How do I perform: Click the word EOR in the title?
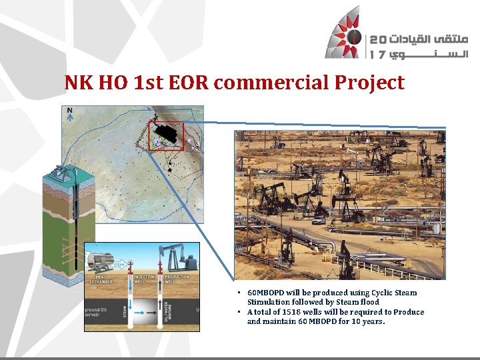point(189,83)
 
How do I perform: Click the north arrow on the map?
point(70,115)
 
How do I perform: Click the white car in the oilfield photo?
point(319,219)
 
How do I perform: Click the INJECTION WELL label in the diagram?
point(144,279)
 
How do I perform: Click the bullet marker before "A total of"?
point(239,312)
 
